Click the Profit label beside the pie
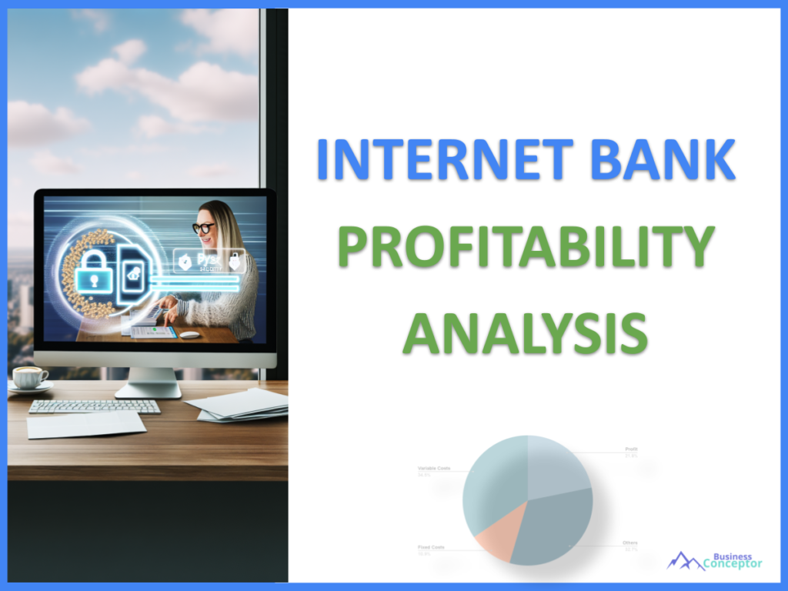pos(631,449)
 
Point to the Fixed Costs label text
pos(430,547)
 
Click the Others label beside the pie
pos(630,543)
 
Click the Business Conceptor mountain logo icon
pos(685,560)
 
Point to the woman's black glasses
pos(204,228)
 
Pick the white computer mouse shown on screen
pos(189,335)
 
